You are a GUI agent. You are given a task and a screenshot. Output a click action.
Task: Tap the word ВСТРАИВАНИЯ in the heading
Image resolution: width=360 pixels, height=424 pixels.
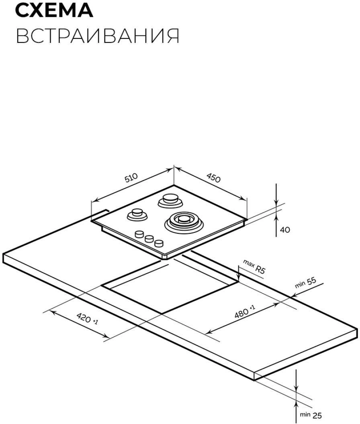[x=98, y=36]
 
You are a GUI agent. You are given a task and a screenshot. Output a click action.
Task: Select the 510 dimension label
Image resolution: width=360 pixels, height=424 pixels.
[x=131, y=177]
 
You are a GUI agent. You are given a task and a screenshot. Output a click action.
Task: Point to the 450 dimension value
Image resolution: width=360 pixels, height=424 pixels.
[x=214, y=177]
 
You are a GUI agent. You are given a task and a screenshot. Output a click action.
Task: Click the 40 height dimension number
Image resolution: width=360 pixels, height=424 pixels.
[x=285, y=230]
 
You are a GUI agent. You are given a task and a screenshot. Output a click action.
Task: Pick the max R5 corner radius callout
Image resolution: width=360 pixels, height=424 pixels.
[x=254, y=266]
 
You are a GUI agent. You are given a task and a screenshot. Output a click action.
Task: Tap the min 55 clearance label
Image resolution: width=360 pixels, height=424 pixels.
[x=305, y=283]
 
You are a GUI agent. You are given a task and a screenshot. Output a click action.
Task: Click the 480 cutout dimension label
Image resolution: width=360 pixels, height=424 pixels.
[x=244, y=312]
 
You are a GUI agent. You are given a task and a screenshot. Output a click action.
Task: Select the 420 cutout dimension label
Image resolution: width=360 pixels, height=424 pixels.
[x=87, y=318]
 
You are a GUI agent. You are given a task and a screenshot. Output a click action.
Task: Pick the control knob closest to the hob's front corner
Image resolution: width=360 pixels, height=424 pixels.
[x=159, y=243]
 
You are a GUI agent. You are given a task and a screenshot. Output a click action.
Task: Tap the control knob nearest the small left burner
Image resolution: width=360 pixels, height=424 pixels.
[x=139, y=234]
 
